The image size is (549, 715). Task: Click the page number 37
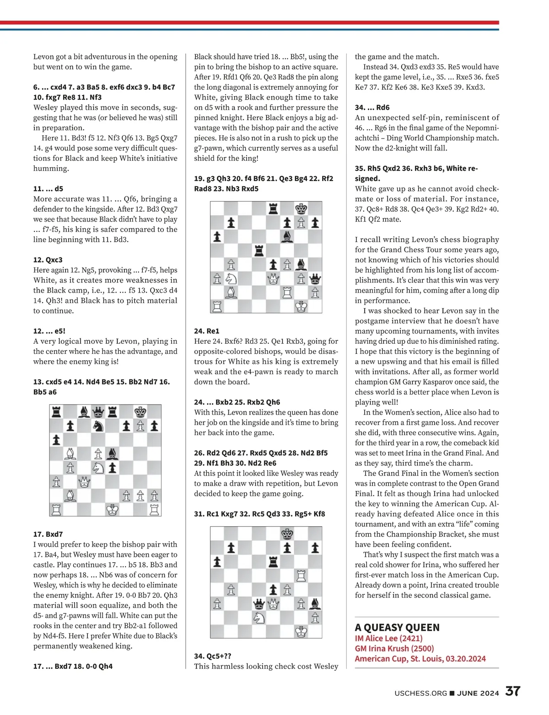coord(512,691)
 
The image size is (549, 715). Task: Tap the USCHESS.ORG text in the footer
coord(420,693)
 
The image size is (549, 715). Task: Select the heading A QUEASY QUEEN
coord(397,627)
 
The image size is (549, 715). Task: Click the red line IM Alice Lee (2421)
coord(388,638)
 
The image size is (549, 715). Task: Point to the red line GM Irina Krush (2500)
coord(394,648)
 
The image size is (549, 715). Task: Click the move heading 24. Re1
coord(206,331)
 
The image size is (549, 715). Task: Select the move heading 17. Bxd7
coord(48,534)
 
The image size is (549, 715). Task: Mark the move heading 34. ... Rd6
coord(372,107)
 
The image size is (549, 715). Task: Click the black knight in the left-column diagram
coord(98,426)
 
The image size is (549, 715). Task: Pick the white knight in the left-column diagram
coord(98,468)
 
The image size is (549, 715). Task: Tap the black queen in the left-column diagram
coord(98,412)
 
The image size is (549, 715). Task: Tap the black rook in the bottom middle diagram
coord(273,562)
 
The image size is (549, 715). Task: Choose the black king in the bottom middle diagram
coord(287,534)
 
